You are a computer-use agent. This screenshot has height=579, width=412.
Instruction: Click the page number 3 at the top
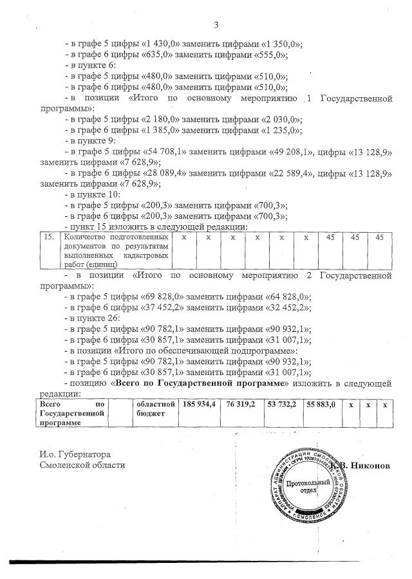[216, 25]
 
